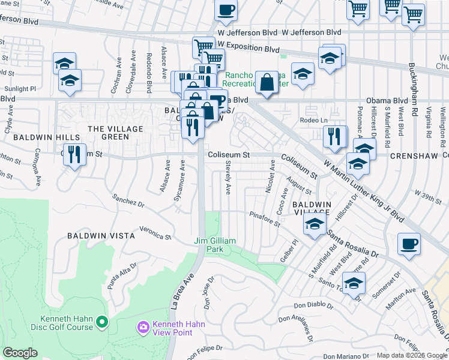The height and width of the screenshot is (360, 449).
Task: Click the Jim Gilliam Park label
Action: pyautogui.click(x=214, y=245)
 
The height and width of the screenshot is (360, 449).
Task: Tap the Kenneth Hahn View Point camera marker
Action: pyautogui.click(x=143, y=327)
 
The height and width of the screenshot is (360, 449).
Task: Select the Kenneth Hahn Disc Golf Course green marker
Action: pyautogui.click(x=102, y=323)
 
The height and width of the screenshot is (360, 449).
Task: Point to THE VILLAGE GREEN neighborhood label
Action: pyautogui.click(x=116, y=133)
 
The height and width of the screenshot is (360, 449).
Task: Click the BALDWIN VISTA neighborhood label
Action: pyautogui.click(x=101, y=236)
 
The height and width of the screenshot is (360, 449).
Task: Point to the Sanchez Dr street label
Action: pyautogui.click(x=129, y=200)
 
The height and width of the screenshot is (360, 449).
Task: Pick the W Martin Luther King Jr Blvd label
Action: pyautogui.click(x=364, y=191)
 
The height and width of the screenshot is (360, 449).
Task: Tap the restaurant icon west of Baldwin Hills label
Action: pyautogui.click(x=74, y=154)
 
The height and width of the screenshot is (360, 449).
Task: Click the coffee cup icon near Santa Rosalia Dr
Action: pyautogui.click(x=409, y=244)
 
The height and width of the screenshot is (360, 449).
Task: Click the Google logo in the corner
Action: pyautogui.click(x=20, y=353)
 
